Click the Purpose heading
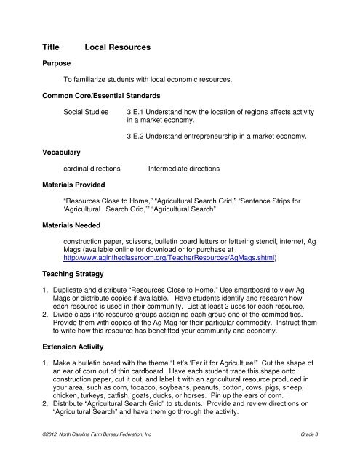[55, 63]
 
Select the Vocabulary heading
[62, 152]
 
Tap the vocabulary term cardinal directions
[92, 168]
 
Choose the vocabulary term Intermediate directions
[183, 168]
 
